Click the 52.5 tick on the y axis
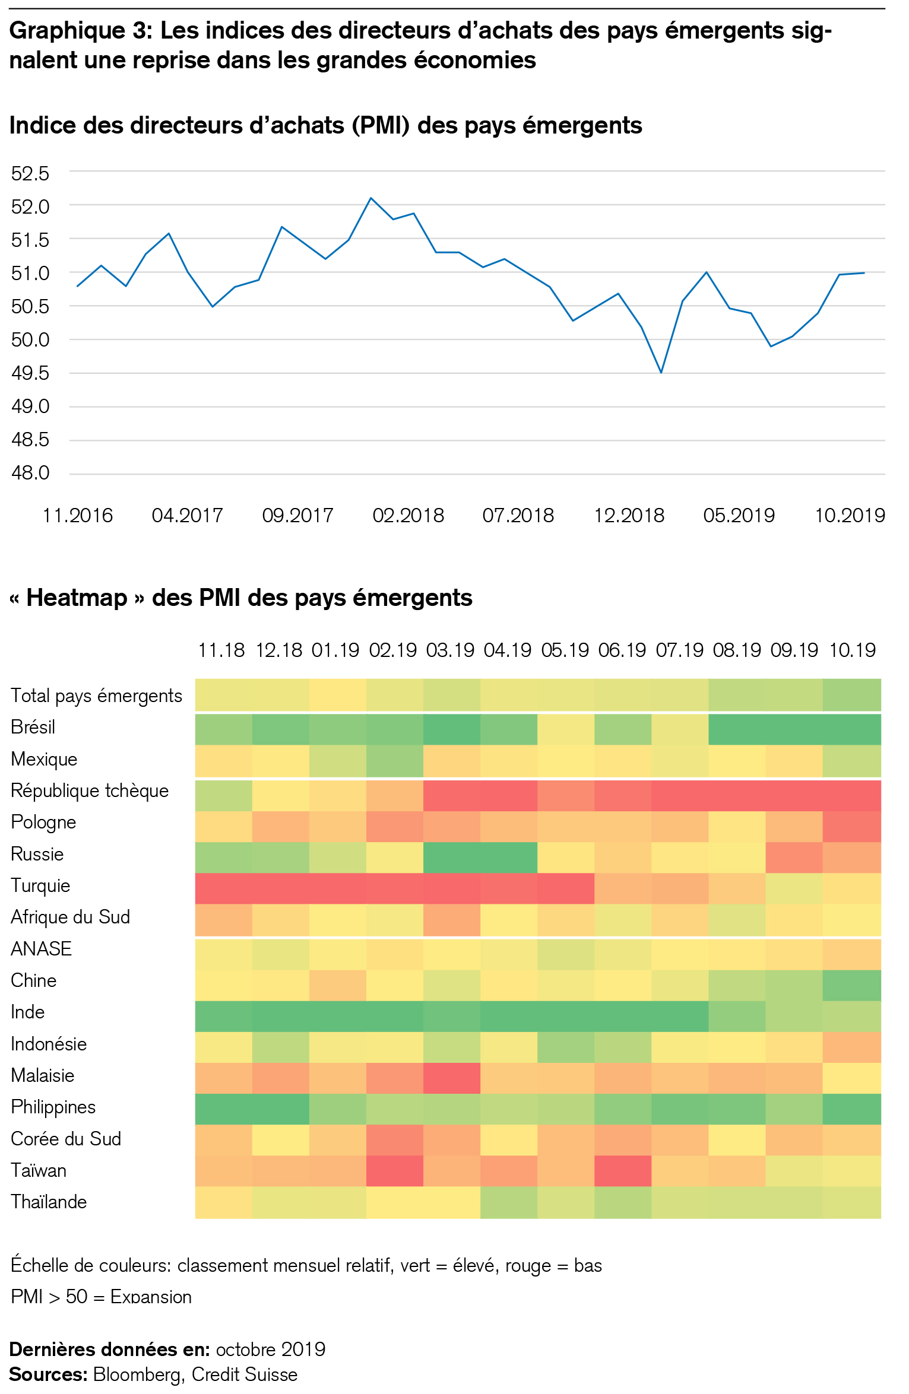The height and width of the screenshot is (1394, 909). [x=30, y=173]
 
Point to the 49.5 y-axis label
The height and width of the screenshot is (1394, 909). [x=30, y=373]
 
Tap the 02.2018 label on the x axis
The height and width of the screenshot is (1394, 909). [x=408, y=515]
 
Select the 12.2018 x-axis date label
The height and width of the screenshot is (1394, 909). [x=629, y=515]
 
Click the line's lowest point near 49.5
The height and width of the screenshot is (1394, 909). [x=661, y=372]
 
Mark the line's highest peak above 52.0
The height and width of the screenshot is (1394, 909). [x=371, y=198]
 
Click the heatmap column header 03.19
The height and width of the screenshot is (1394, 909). [x=451, y=650]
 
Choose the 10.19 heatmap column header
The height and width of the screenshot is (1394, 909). [x=852, y=650]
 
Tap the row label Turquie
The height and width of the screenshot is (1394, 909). [x=40, y=885]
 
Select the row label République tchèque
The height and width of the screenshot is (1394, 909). [x=90, y=790]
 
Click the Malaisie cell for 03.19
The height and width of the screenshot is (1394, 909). [x=451, y=1077]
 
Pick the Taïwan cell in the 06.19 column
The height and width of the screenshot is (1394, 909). [x=623, y=1170]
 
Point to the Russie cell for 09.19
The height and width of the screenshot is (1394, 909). [x=794, y=857]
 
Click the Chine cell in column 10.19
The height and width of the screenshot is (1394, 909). [x=852, y=985]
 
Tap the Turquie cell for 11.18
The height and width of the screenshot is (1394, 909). [x=224, y=888]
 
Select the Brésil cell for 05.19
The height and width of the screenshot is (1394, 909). [x=566, y=729]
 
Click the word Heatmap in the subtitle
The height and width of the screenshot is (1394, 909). [x=77, y=598]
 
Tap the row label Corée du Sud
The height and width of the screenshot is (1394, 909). [x=66, y=1138]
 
